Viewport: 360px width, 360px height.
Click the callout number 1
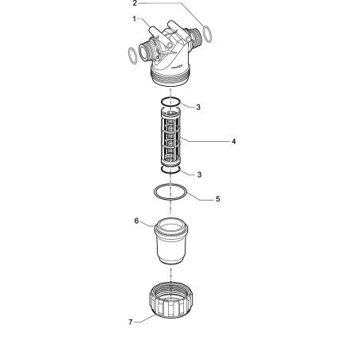tap(135, 19)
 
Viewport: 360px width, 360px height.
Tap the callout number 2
tap(135, 3)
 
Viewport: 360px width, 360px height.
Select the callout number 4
tap(233, 142)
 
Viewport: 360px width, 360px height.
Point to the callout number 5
tap(217, 199)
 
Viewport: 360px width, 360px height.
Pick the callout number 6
tap(136, 221)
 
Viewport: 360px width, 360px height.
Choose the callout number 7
tap(131, 322)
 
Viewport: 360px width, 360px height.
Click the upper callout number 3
tap(198, 108)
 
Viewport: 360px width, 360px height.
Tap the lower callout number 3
tap(199, 174)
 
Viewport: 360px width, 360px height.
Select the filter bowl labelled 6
tap(171, 241)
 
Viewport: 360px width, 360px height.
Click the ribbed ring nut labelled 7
tap(171, 300)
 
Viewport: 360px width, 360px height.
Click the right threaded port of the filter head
tap(195, 38)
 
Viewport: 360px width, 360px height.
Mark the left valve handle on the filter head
tap(159, 36)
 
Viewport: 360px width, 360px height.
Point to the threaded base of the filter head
tap(170, 76)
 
